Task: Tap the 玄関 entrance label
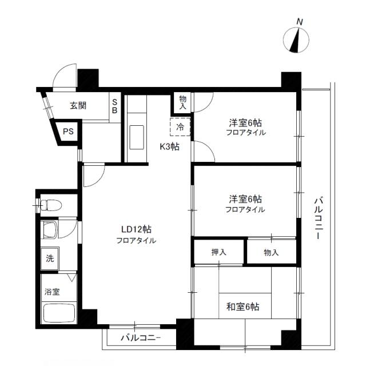pyautogui.click(x=78, y=105)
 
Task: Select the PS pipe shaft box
pyautogui.click(x=68, y=132)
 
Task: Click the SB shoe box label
pyautogui.click(x=114, y=106)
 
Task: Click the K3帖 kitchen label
pyautogui.click(x=169, y=146)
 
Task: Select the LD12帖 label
pyautogui.click(x=136, y=229)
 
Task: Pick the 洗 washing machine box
pyautogui.click(x=50, y=257)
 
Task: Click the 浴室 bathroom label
pyautogui.click(x=52, y=292)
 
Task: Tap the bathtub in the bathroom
pyautogui.click(x=59, y=313)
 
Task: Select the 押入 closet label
pyautogui.click(x=219, y=252)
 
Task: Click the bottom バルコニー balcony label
pyautogui.click(x=141, y=337)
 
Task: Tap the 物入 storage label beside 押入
pyautogui.click(x=271, y=252)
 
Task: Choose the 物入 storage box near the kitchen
pyautogui.click(x=183, y=103)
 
